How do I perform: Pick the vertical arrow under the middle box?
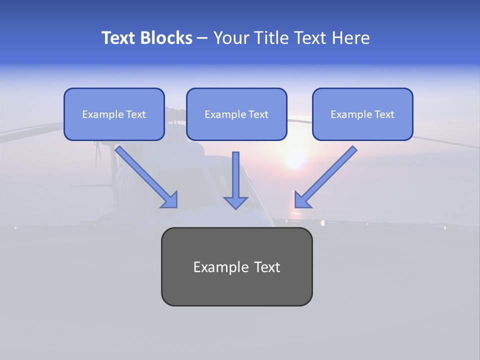tap(235, 175)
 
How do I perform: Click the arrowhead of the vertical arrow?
tap(235, 202)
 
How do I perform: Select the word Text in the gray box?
tap(267, 267)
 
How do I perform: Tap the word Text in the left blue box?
tap(135, 114)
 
